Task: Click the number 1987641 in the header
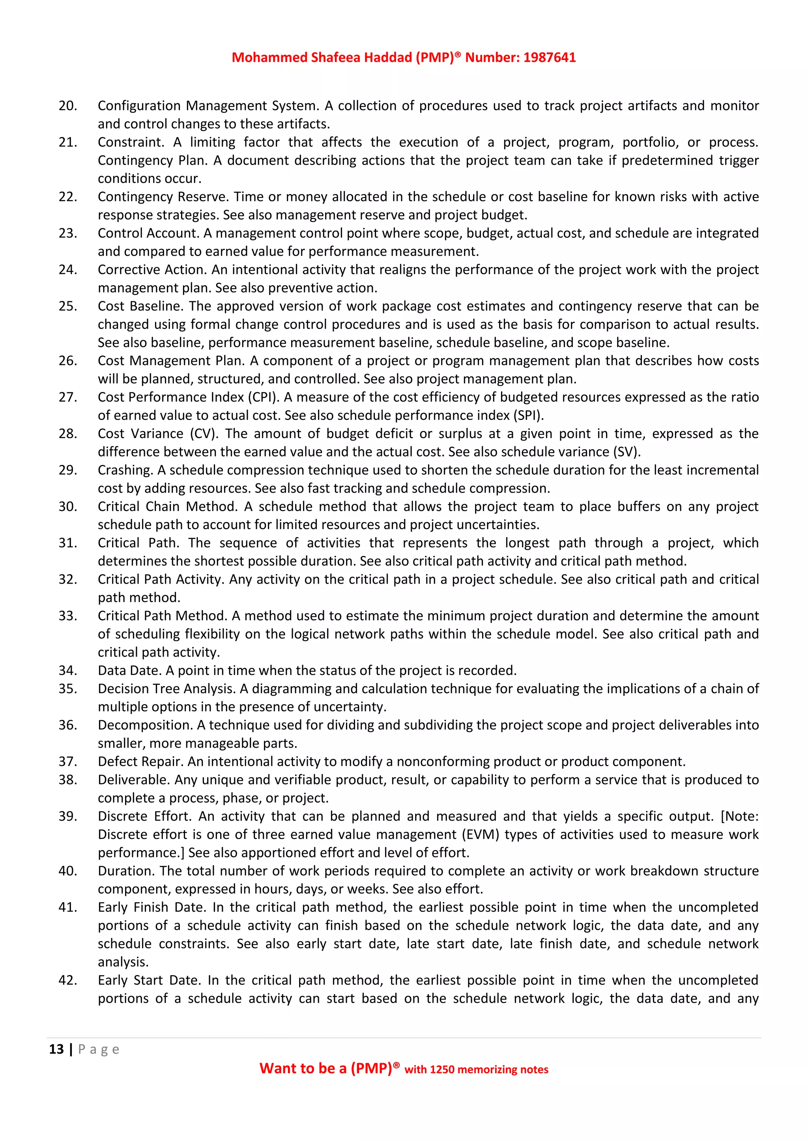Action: tap(549, 58)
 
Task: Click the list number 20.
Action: tap(68, 106)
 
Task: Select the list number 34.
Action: tap(68, 670)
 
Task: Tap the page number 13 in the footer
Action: tap(56, 1049)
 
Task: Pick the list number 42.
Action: tap(68, 980)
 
